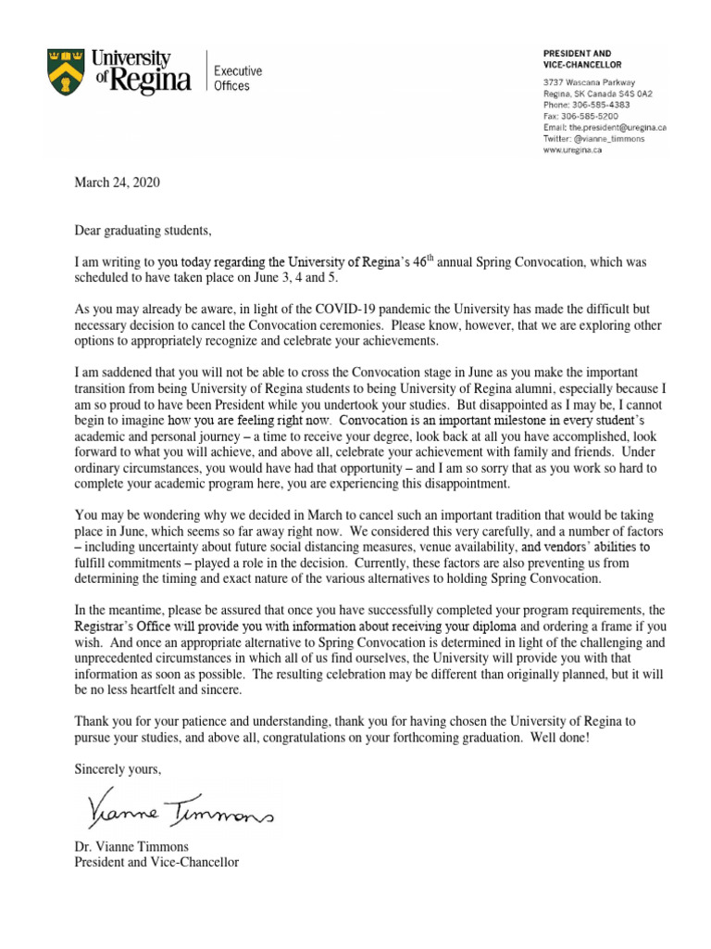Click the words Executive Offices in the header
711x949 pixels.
tap(238, 79)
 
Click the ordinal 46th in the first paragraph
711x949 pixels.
tap(431, 263)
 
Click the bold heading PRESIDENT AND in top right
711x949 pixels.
tap(584, 53)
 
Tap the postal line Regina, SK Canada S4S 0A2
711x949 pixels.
tap(598, 93)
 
